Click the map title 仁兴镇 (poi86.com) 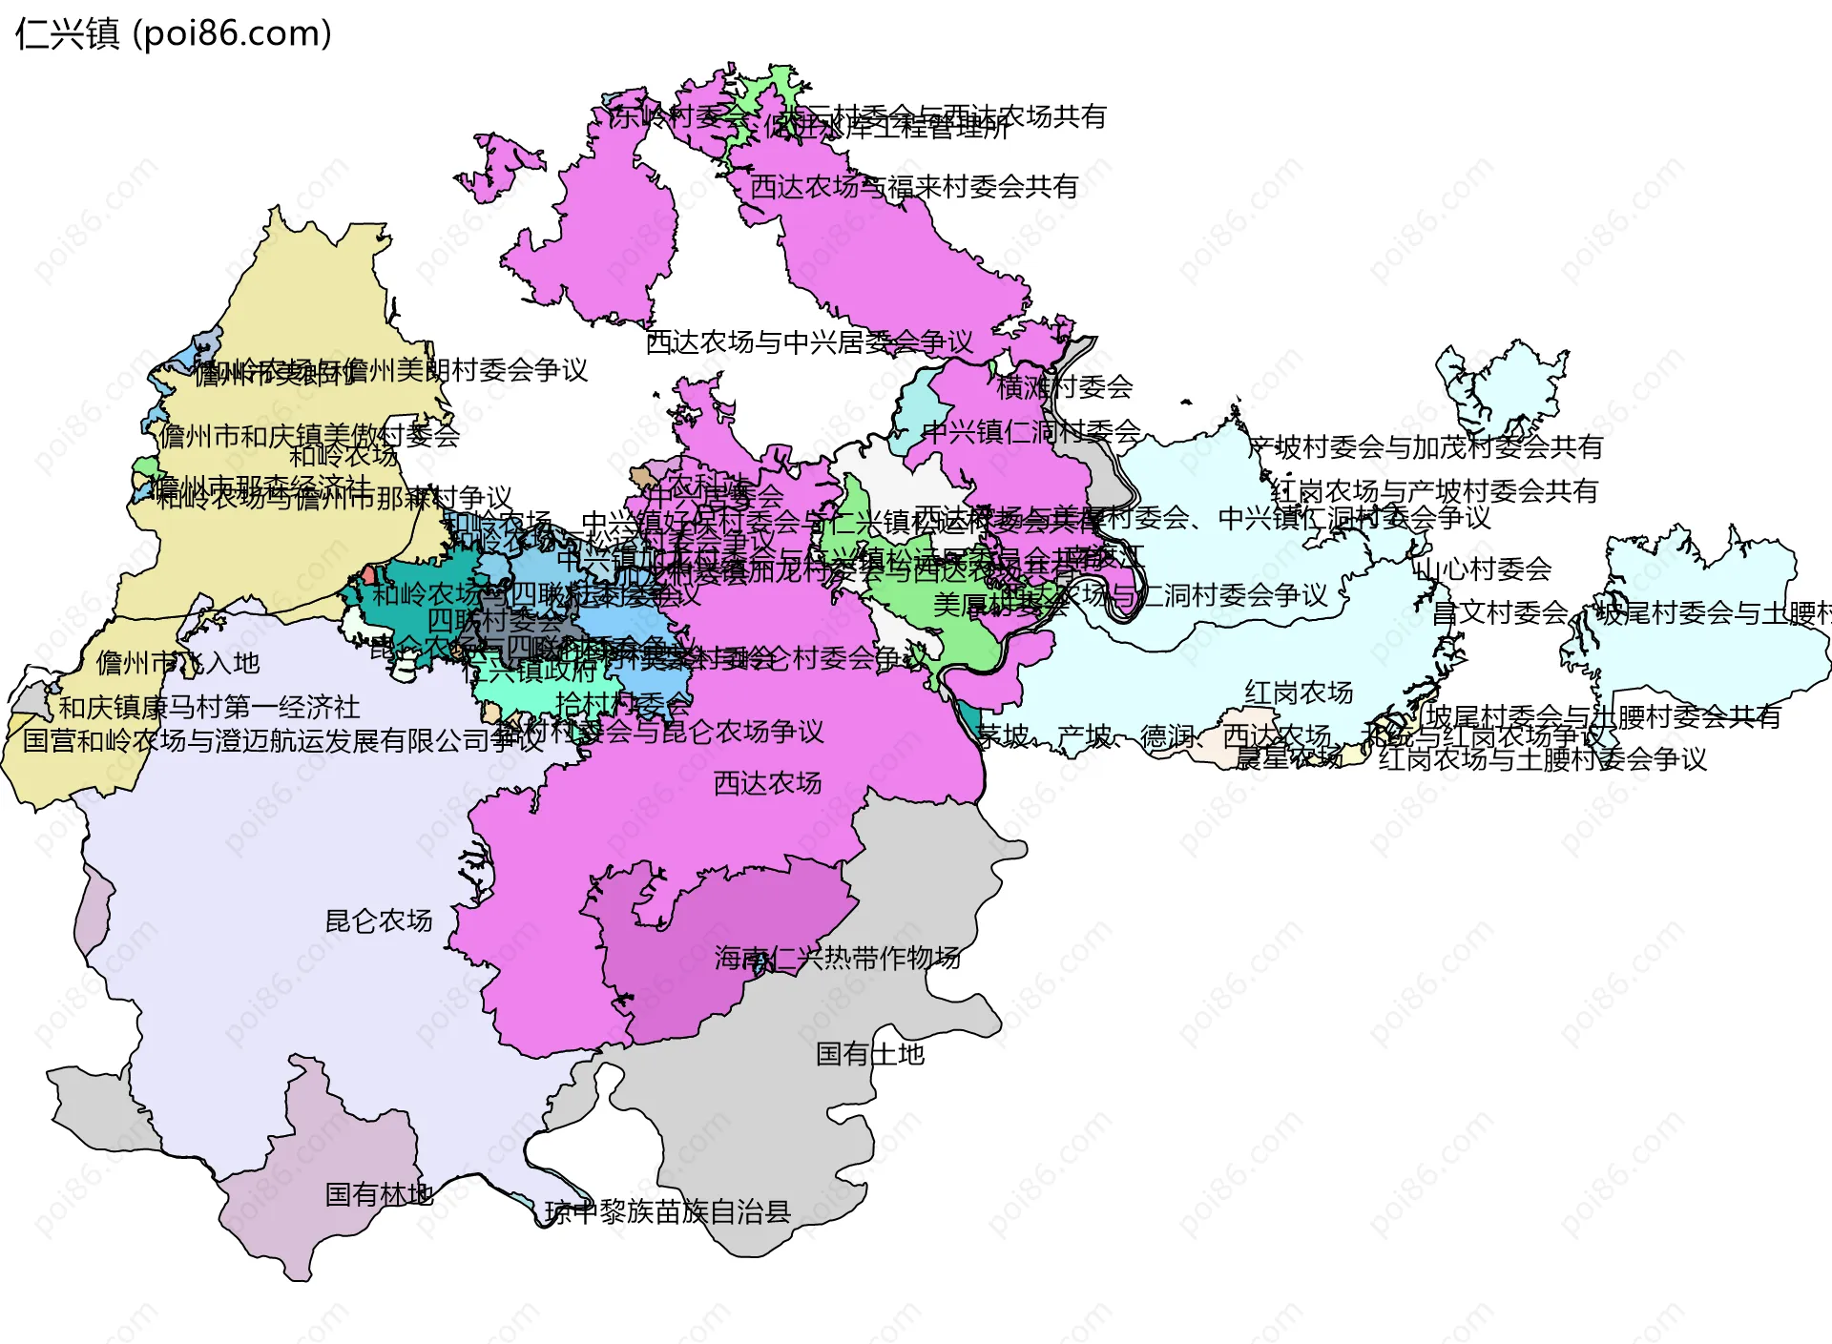pos(174,34)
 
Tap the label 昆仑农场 pos(379,920)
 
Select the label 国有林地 pos(379,1194)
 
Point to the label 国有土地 pos(870,1054)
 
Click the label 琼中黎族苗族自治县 pos(668,1212)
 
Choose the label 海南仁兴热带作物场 pos(837,958)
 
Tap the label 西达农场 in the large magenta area pos(768,783)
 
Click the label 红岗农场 pos(1299,693)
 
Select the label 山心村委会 pos(1485,569)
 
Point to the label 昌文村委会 pos(1501,612)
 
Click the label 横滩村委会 pos(1065,387)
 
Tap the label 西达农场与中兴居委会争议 pos(809,342)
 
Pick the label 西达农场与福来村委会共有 pos(914,187)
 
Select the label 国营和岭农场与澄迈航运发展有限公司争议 pos(282,740)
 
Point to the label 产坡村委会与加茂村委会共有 pos(1426,446)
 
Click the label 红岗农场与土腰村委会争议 pos(1543,759)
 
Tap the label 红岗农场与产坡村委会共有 pos(1434,491)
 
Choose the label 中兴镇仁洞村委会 pos(1032,432)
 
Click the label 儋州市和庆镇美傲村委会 pos(309,436)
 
